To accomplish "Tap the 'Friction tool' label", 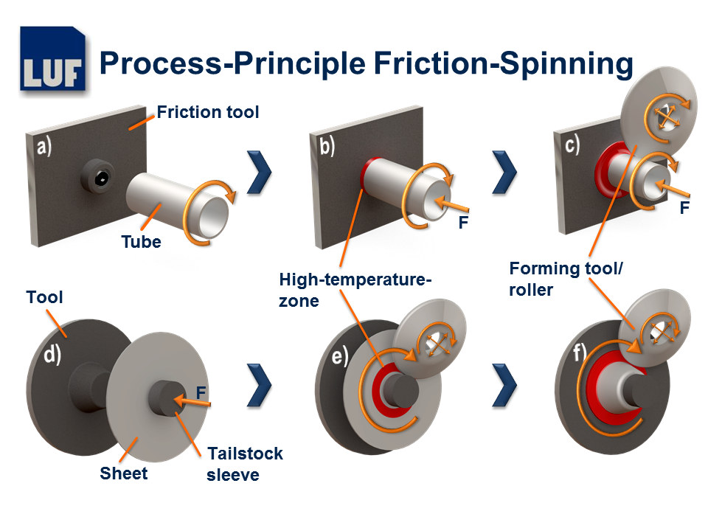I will tap(208, 113).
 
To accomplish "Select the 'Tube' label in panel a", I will tap(141, 241).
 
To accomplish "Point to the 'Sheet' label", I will tap(124, 473).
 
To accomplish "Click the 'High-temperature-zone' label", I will tap(355, 290).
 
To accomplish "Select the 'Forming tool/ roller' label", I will tap(566, 279).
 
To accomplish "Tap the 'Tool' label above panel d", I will tap(45, 297).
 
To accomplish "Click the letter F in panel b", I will tap(463, 222).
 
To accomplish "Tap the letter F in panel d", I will tap(201, 390).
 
